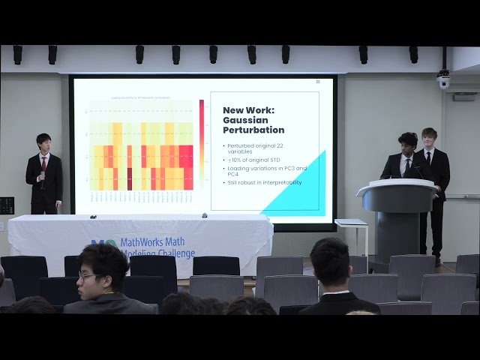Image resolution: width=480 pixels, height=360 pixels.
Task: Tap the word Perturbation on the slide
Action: click(253, 130)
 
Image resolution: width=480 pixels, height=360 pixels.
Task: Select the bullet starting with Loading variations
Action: click(268, 170)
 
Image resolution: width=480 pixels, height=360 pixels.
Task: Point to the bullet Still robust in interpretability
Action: click(265, 182)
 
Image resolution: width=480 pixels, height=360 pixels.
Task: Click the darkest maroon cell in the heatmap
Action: click(129, 178)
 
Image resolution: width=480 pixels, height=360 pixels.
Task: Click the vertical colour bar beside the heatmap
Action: click(201, 142)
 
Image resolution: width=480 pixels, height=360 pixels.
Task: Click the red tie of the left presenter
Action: click(44, 163)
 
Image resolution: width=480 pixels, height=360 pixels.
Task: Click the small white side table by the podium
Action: click(350, 223)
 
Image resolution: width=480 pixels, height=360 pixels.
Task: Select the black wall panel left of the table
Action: click(7, 205)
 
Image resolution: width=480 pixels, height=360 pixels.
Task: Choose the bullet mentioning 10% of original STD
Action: click(255, 160)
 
